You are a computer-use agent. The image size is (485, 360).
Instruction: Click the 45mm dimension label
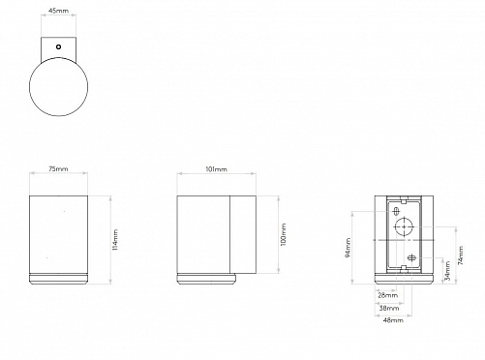pos(58,11)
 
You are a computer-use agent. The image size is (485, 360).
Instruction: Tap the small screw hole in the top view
pos(58,46)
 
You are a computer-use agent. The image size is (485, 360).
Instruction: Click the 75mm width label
pos(58,168)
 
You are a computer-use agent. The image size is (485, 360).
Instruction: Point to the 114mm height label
pos(115,240)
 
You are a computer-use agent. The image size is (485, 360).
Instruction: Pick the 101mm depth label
pos(216,169)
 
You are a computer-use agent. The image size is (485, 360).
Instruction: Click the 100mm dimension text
pos(283,234)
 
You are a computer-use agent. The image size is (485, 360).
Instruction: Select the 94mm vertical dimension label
pos(349,248)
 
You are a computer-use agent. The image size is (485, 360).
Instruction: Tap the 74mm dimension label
pos(461,255)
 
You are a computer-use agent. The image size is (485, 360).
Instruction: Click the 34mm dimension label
pos(447,271)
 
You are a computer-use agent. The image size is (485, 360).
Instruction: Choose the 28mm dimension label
pos(388,295)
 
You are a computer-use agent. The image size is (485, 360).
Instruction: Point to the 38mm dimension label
pos(389,308)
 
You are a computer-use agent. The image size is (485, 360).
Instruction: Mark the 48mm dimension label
pos(393,320)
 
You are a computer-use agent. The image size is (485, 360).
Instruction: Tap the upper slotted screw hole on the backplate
pos(396,212)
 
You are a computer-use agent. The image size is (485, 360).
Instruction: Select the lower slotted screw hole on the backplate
pos(411,258)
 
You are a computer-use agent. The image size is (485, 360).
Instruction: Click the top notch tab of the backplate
pos(404,201)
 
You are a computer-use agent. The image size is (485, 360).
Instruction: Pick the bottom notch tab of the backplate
pos(404,268)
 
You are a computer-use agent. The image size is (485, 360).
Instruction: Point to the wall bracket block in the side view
pos(243,234)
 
